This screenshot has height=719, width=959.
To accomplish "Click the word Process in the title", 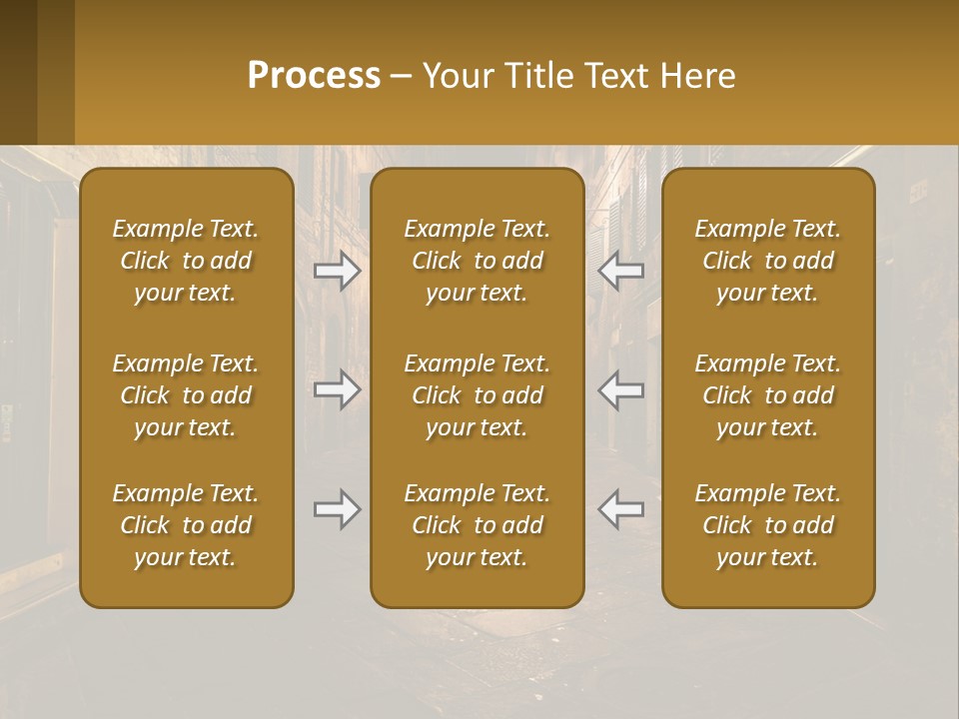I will click(x=314, y=76).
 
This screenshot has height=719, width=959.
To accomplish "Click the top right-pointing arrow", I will click(x=337, y=270).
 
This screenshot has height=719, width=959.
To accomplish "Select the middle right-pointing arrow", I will click(x=337, y=389).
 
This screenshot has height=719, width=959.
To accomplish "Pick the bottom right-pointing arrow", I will click(x=337, y=509).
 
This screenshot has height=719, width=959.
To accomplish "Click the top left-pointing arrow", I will click(x=621, y=270).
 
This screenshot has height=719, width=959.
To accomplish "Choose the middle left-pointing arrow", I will click(x=621, y=389).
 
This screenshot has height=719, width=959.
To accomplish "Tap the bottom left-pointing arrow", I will click(x=621, y=509).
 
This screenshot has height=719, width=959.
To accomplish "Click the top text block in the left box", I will click(x=186, y=261).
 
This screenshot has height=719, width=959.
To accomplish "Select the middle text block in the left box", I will click(x=186, y=395).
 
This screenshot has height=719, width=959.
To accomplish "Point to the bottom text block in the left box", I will click(x=186, y=525).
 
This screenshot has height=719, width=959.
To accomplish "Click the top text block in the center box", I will click(x=478, y=261).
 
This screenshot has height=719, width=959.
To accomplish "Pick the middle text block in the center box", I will click(x=478, y=395).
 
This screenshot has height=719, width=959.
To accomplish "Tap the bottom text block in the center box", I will click(x=478, y=525).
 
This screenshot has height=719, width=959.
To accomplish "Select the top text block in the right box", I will click(x=768, y=261).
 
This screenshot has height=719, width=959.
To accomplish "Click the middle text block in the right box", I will click(x=768, y=395).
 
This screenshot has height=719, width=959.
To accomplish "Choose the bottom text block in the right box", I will click(x=768, y=525).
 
